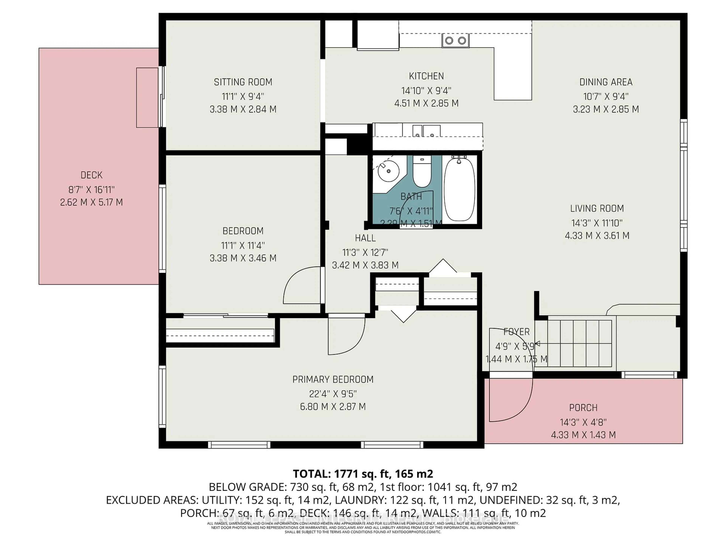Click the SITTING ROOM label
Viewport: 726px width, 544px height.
coord(243,82)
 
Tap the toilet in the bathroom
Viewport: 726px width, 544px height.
coord(422,172)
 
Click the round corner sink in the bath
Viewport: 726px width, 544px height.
coord(388,171)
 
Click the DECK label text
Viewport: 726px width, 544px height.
coord(91,175)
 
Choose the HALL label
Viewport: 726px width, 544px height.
coord(365,238)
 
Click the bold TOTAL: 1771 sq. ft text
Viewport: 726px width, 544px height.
coord(363,474)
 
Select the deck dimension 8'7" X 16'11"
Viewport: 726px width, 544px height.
coord(91,189)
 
